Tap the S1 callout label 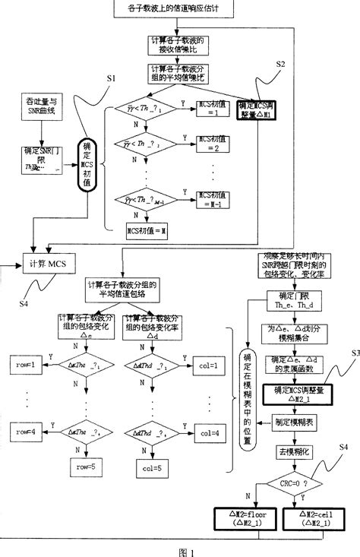click(x=111, y=78)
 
